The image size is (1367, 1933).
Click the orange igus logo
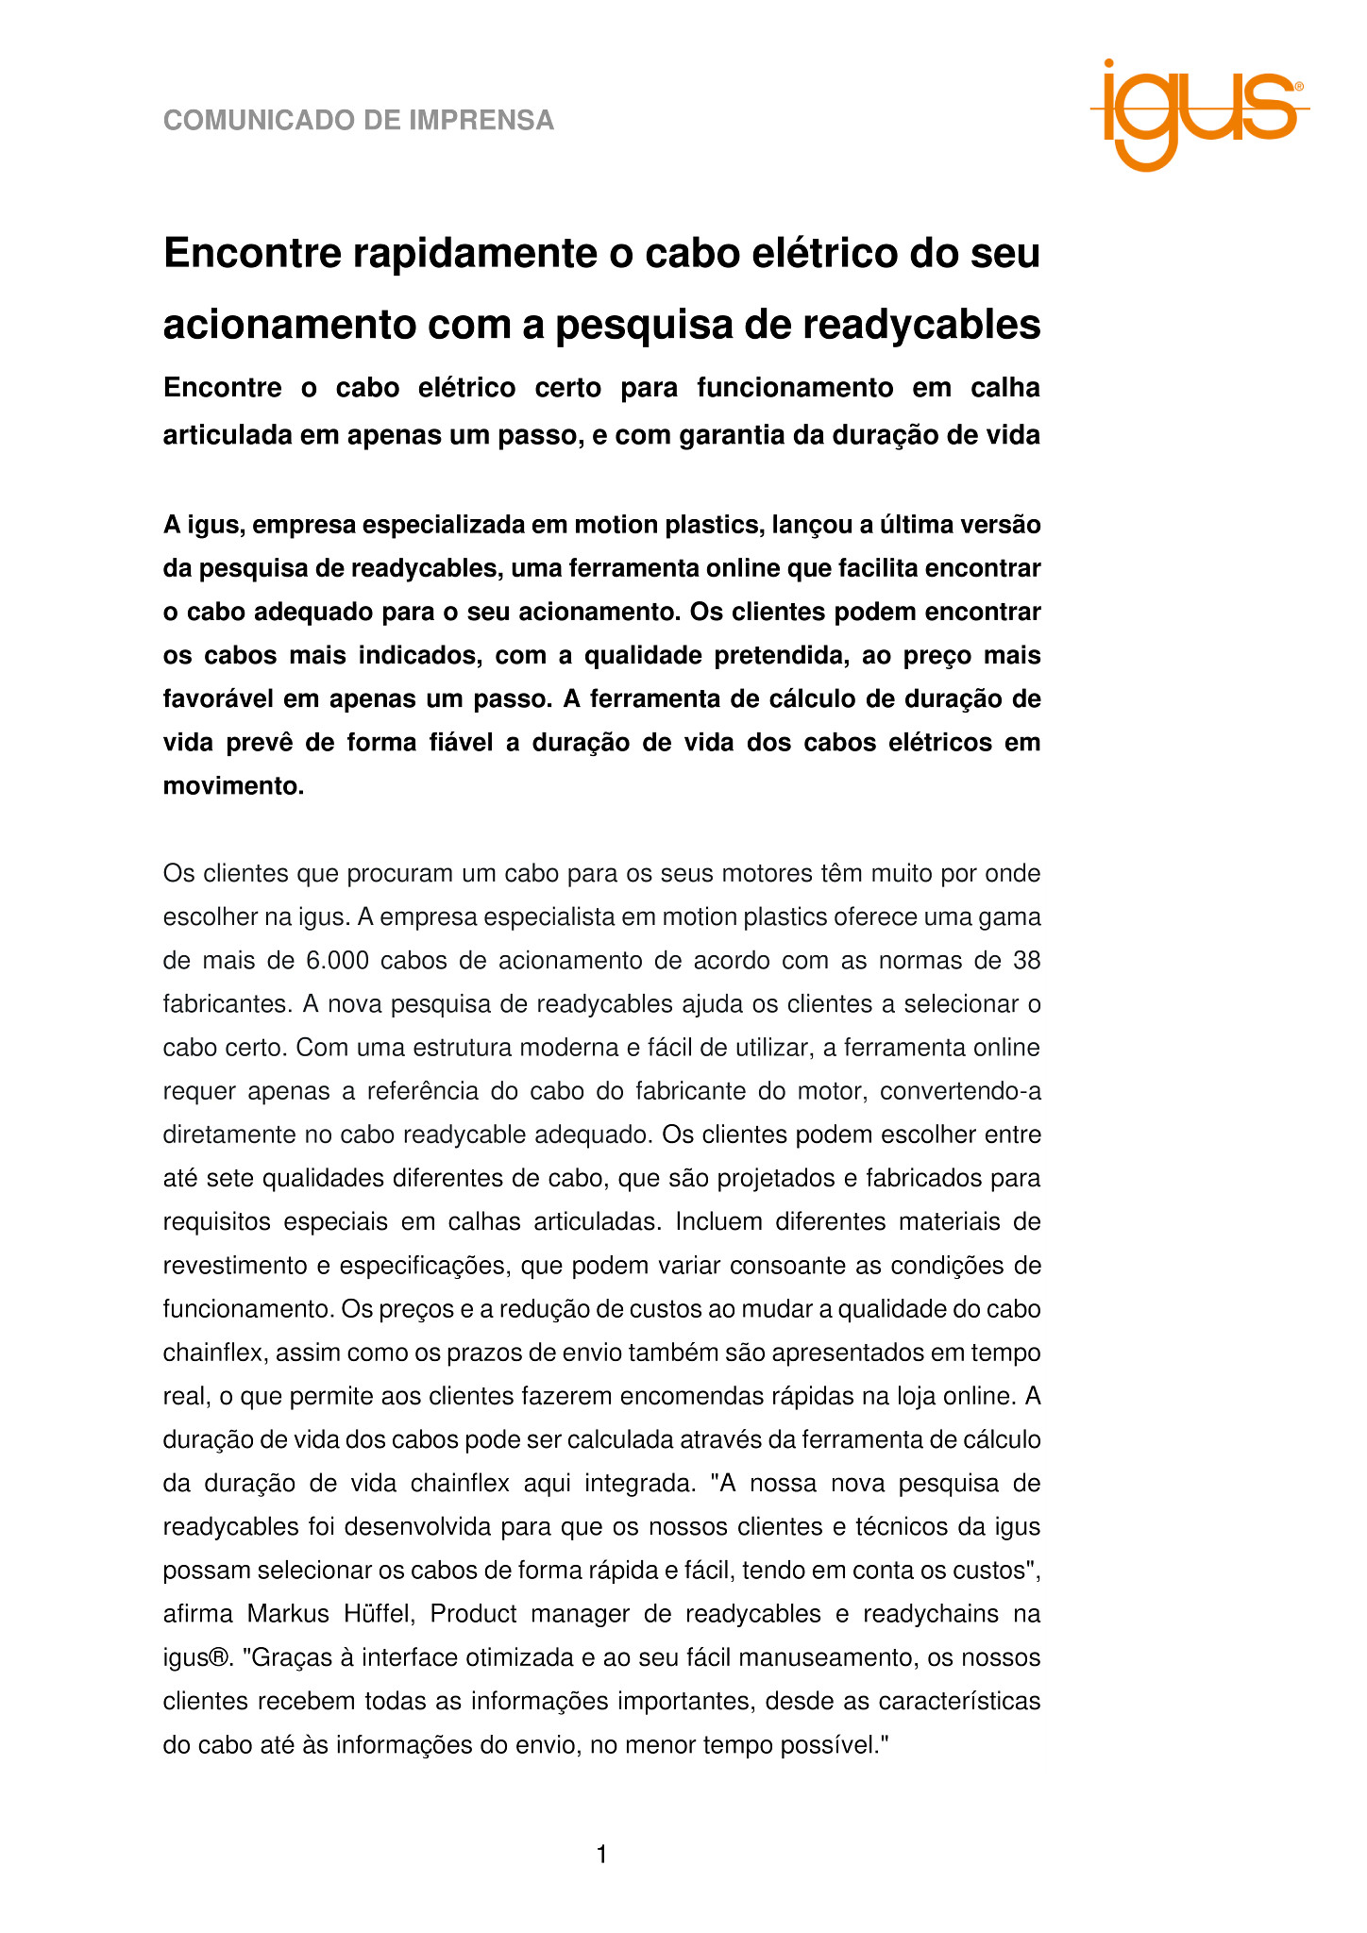tap(1198, 114)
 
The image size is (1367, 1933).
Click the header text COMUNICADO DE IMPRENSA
tap(359, 121)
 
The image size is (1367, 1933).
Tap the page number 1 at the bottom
tap(602, 1856)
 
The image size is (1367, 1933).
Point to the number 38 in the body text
tap(1026, 961)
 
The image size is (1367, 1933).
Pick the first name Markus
tap(288, 1614)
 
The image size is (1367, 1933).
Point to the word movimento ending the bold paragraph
tap(231, 786)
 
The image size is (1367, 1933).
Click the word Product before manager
tap(473, 1614)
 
